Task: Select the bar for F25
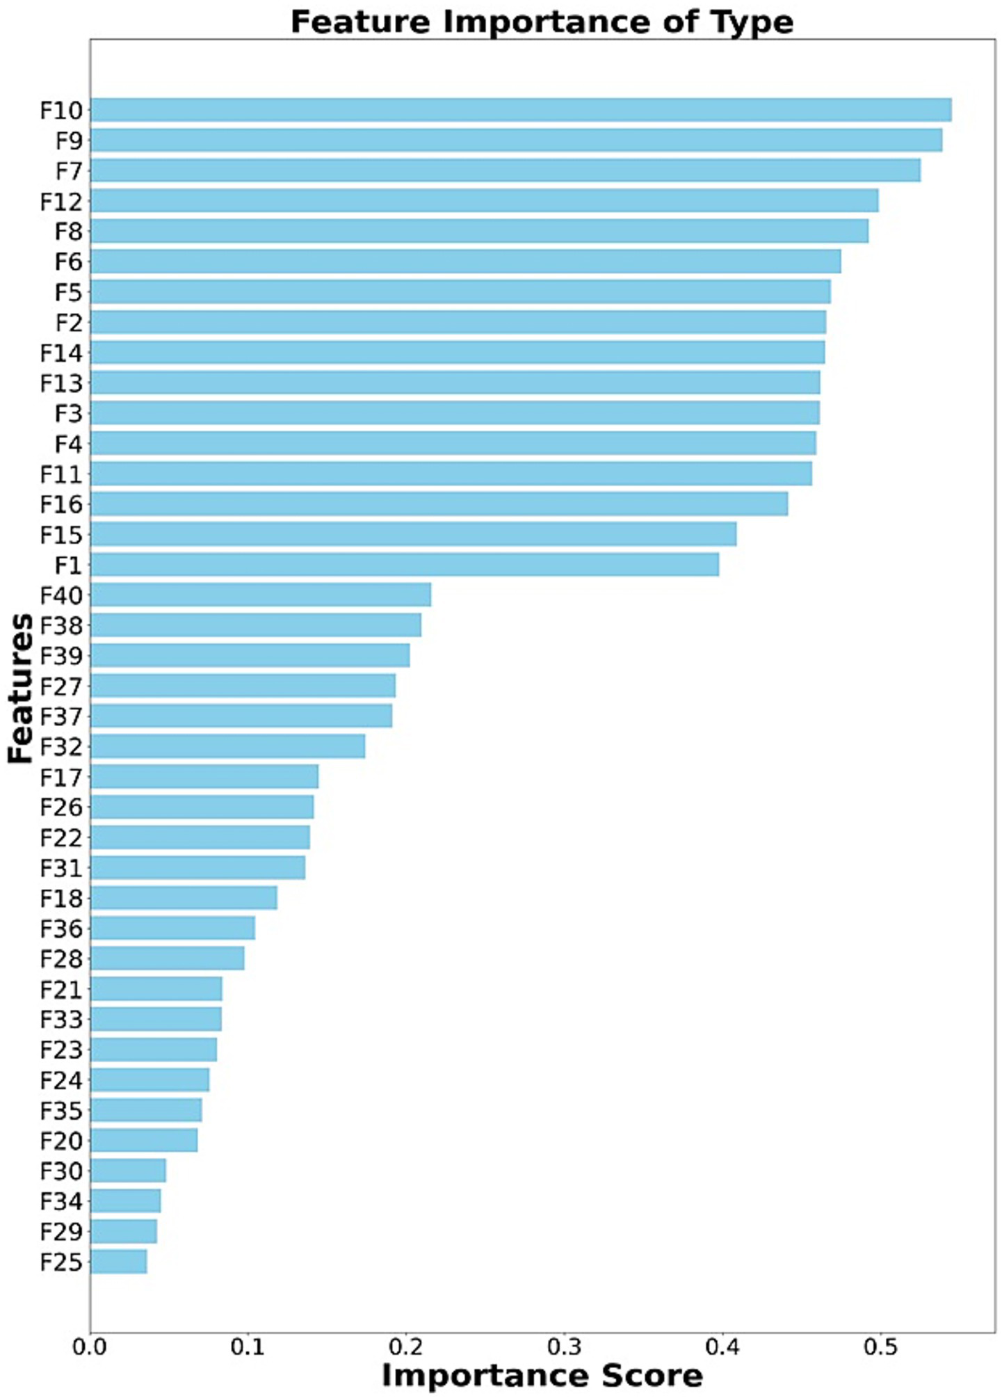[118, 1262]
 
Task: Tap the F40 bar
[260, 595]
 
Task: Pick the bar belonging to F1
[404, 565]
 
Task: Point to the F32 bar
[227, 746]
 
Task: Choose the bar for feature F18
[184, 898]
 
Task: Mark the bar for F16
[439, 504]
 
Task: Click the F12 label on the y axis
[61, 202]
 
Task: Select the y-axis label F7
[68, 171]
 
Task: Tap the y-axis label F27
[61, 686]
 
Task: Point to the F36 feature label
[61, 929]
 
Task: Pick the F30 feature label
[61, 1171]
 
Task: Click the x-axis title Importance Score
[542, 1376]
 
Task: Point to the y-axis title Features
[21, 688]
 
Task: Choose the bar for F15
[413, 535]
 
